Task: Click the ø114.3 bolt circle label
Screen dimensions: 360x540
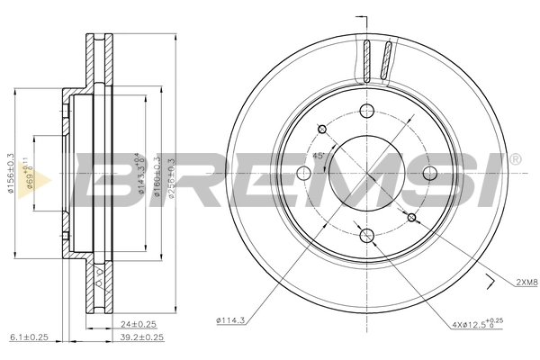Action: (232, 319)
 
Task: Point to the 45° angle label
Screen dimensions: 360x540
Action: (317, 156)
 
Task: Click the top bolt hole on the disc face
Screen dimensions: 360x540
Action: (366, 112)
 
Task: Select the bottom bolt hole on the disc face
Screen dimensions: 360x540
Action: (366, 236)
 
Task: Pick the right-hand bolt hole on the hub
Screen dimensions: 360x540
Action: (428, 174)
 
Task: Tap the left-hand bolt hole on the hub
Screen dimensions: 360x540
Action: (304, 174)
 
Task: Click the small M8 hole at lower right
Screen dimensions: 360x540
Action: (411, 218)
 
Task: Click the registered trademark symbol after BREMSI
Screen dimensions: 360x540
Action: (514, 160)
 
